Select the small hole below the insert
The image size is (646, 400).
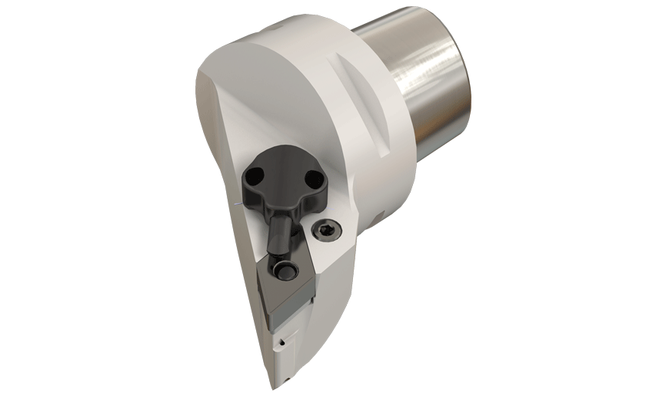tap(283, 338)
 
